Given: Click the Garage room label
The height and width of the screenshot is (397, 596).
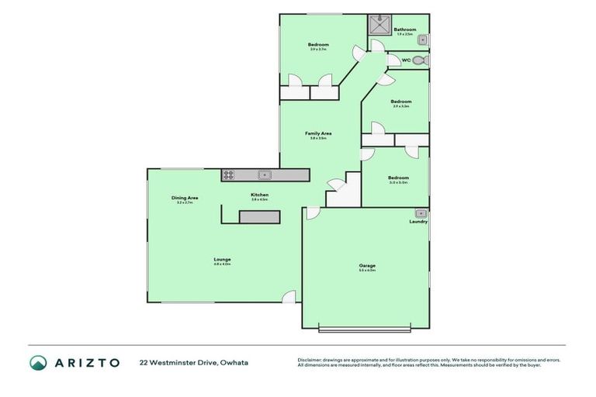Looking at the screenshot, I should (367, 266).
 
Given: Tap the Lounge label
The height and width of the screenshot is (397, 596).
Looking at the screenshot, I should (223, 259).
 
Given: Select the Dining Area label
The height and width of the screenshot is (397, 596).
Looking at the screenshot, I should (185, 198).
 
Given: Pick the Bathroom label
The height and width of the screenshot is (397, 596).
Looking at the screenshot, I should (404, 29).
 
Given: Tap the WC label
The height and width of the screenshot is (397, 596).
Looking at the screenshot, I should (405, 60).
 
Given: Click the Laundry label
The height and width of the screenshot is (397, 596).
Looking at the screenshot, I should (418, 221).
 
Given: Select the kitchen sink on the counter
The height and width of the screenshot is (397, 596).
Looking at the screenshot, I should (264, 175).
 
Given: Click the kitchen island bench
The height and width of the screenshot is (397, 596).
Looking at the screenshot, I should (258, 217).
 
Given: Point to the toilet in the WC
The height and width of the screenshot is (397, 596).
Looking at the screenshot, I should (420, 60).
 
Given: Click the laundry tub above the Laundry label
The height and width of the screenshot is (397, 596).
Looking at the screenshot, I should (421, 212).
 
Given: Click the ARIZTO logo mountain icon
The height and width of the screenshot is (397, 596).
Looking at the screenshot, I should (38, 362).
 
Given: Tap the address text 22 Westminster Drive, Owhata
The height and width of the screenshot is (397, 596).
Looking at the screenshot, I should (193, 362).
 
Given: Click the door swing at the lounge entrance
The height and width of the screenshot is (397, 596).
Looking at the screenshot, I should (289, 296).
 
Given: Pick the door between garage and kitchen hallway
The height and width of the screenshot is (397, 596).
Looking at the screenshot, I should (313, 212).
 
